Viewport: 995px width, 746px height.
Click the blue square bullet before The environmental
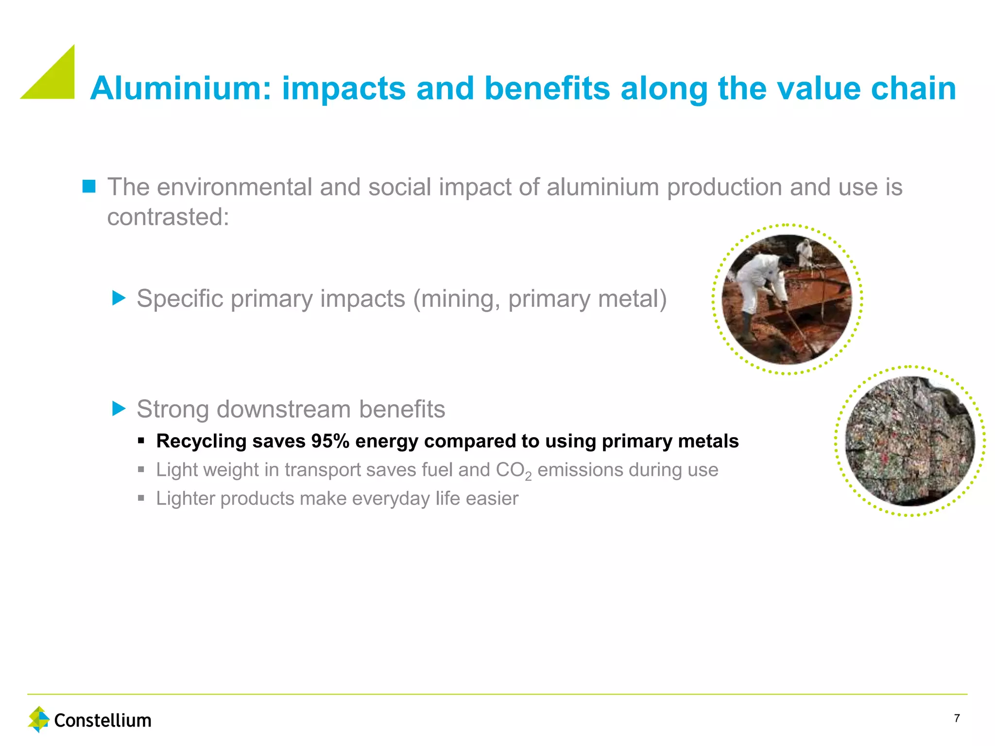click(x=89, y=186)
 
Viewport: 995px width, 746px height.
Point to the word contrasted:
click(x=168, y=217)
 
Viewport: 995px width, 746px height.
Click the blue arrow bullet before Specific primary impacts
click(x=119, y=298)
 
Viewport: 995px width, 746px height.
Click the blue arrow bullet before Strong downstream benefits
click(x=119, y=408)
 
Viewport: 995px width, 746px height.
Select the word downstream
click(x=283, y=409)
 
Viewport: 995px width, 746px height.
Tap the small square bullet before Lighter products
click(x=141, y=498)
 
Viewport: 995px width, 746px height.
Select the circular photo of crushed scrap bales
click(x=909, y=441)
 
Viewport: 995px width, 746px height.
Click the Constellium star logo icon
click(x=39, y=719)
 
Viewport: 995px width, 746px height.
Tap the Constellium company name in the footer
click(x=103, y=720)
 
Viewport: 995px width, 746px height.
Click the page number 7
click(x=957, y=718)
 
